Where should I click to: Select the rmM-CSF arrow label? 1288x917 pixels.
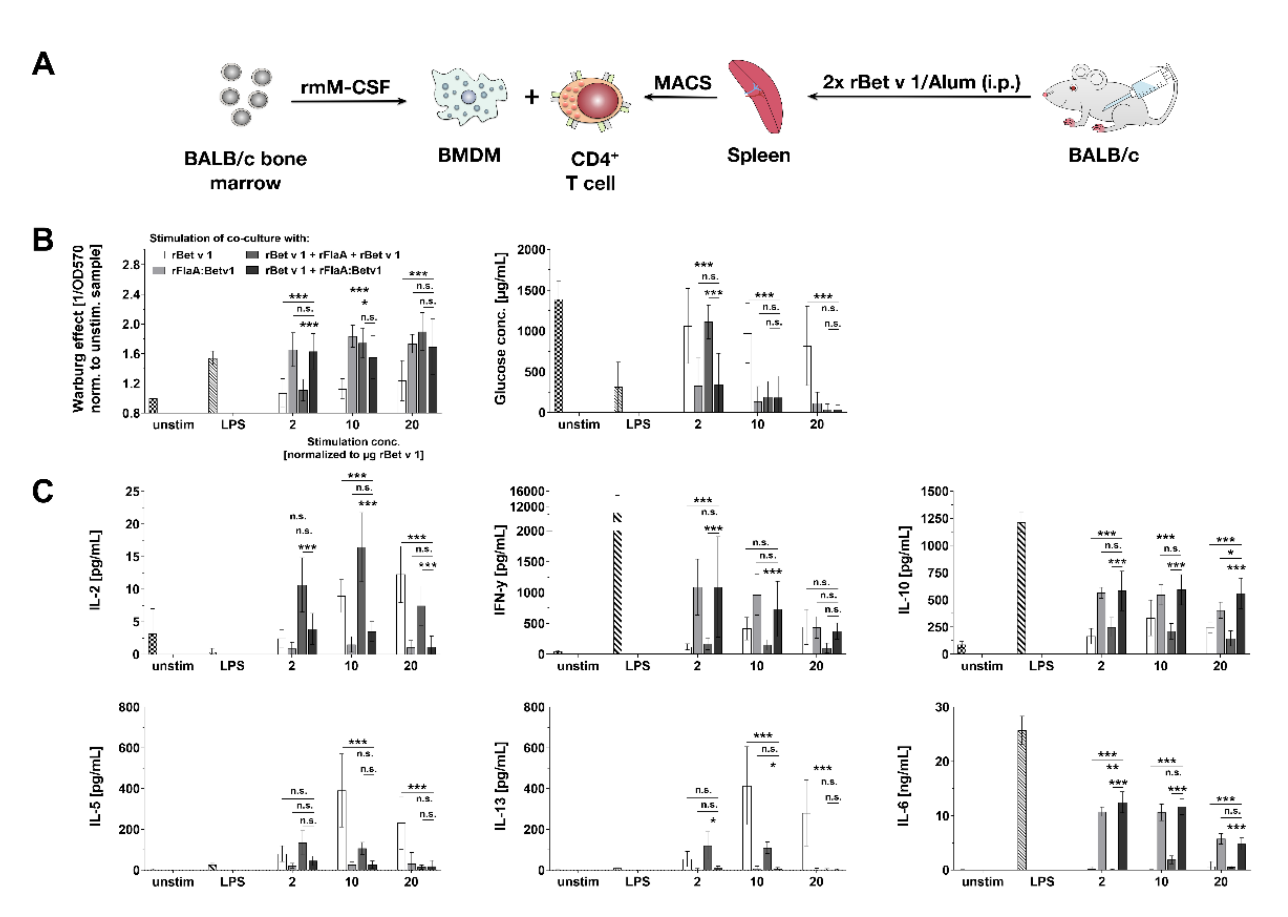click(x=345, y=87)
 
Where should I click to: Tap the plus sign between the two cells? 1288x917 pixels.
click(x=531, y=97)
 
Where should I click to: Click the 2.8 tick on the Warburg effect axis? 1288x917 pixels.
click(x=132, y=265)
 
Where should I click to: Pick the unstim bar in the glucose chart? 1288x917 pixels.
click(x=558, y=356)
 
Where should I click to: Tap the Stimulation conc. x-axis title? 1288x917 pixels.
click(x=353, y=441)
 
